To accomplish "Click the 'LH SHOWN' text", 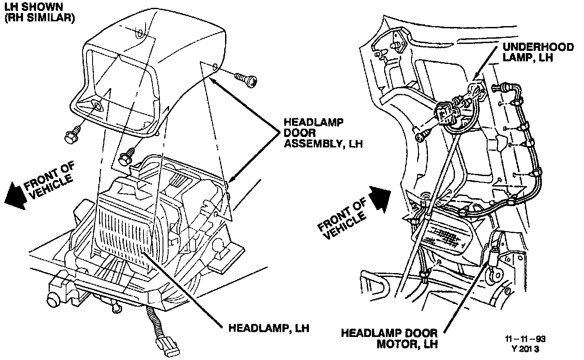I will pos(31,7).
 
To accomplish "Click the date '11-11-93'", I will pos(525,339).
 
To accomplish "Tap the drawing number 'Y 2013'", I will pos(525,349).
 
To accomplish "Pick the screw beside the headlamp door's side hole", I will pos(246,79).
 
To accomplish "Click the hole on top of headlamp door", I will pos(139,33).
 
